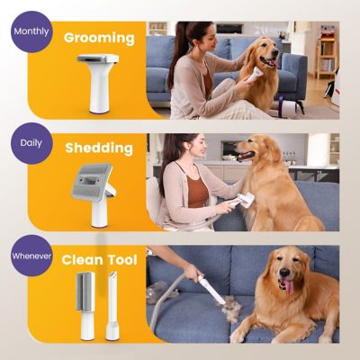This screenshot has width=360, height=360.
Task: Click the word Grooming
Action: pos(99,39)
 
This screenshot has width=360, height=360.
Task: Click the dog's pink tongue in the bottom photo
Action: pos(289,285)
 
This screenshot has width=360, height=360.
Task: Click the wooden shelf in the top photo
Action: pos(326,54)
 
